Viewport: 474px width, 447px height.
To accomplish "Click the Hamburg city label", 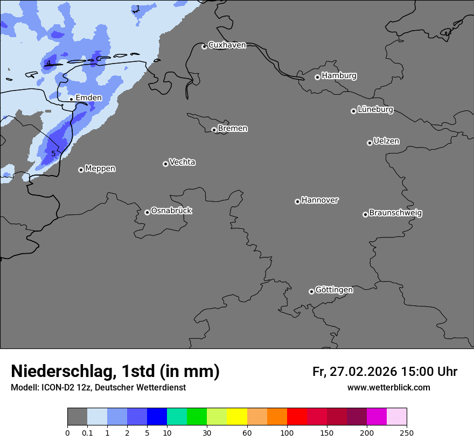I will tap(339, 76).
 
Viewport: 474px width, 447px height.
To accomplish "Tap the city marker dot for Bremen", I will tap(214, 130).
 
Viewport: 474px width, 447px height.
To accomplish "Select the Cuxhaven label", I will tap(227, 45).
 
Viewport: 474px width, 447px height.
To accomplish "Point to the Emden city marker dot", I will tap(71, 99).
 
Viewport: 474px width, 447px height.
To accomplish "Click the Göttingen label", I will tap(334, 290).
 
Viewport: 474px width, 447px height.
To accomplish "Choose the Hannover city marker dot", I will tap(297, 201).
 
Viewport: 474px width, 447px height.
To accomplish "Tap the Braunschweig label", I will tap(395, 213).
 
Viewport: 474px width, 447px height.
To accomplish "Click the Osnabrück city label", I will tap(171, 211).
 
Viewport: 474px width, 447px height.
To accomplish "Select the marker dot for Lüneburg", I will tap(353, 111).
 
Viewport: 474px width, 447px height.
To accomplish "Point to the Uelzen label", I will tap(386, 142).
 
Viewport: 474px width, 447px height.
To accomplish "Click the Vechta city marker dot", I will tap(165, 164).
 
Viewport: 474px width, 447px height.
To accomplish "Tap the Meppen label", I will tap(100, 169).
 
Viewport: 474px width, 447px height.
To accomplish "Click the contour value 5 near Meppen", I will tap(53, 154).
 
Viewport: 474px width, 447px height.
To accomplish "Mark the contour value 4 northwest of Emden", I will tap(48, 64).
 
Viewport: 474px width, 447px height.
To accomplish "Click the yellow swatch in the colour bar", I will tap(237, 417).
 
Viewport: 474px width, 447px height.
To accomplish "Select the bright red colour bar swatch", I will tap(297, 417).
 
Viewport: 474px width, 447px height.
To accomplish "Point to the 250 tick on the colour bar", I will tap(407, 432).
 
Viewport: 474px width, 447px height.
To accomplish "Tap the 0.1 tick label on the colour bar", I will tap(87, 432).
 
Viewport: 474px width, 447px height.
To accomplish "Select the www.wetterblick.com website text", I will tap(388, 388).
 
